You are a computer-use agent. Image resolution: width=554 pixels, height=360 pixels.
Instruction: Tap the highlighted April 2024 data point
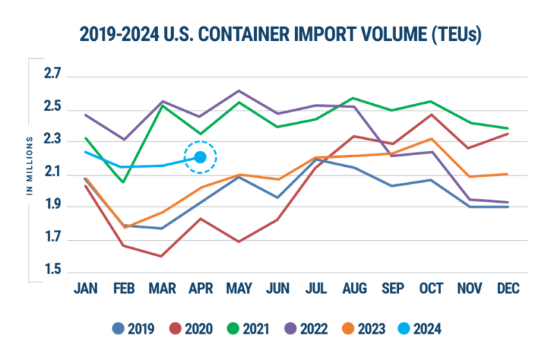[200, 157]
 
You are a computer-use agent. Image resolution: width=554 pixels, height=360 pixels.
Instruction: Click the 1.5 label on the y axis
[53, 271]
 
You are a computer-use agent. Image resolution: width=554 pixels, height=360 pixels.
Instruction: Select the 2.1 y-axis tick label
[53, 173]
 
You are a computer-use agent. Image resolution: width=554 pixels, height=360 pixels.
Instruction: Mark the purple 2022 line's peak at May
[239, 90]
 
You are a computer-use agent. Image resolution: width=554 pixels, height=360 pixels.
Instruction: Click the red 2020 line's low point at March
[162, 256]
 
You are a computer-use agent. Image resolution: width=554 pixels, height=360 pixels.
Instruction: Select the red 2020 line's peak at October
[432, 114]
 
